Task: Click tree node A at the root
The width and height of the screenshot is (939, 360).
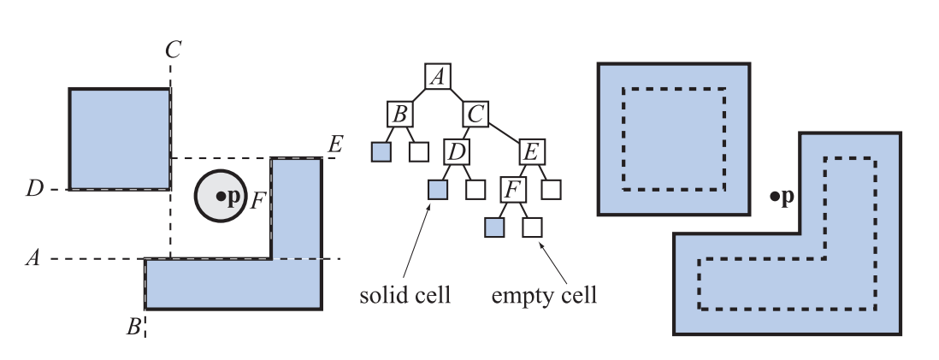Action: pyautogui.click(x=438, y=76)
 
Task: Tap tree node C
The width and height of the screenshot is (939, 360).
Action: pyautogui.click(x=476, y=114)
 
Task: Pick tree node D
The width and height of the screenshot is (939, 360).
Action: pyautogui.click(x=457, y=152)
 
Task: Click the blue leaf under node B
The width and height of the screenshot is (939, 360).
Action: pyautogui.click(x=381, y=152)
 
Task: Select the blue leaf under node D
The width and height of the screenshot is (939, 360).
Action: pyautogui.click(x=438, y=190)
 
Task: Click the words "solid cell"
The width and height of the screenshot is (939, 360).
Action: pyautogui.click(x=405, y=297)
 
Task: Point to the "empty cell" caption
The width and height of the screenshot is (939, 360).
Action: pyautogui.click(x=544, y=297)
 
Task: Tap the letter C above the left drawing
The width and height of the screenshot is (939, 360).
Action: pyautogui.click(x=173, y=50)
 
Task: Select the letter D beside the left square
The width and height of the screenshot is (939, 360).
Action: pyautogui.click(x=34, y=188)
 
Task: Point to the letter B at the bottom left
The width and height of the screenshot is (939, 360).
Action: pyautogui.click(x=133, y=326)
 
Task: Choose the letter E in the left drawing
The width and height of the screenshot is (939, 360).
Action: pyautogui.click(x=335, y=144)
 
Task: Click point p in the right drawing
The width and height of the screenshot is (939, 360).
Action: pyautogui.click(x=774, y=197)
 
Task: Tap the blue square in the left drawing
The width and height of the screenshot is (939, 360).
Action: pyautogui.click(x=120, y=139)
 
